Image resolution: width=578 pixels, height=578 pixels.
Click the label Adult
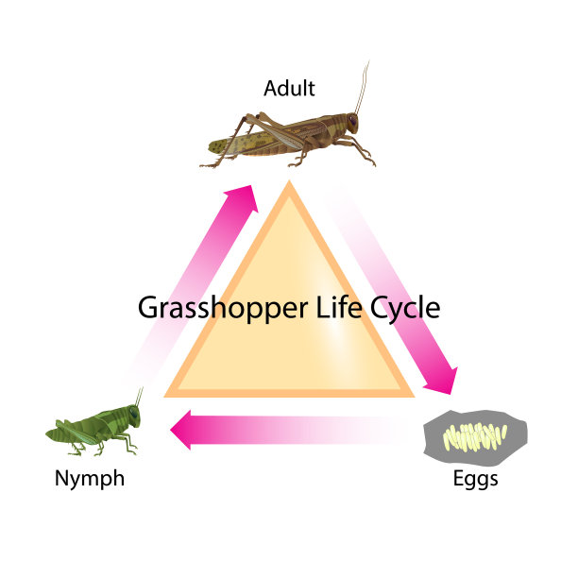point(289,89)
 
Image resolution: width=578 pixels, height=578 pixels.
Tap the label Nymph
point(90,479)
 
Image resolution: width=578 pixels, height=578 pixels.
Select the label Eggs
point(475,479)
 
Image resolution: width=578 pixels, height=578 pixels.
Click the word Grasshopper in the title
point(223,309)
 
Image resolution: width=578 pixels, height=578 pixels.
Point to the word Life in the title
point(339,307)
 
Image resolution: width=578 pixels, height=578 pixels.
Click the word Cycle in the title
point(405,309)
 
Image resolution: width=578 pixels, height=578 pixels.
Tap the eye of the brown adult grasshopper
point(353,119)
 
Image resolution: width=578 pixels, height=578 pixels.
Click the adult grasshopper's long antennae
point(362,88)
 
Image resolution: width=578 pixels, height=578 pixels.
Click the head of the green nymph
point(133,416)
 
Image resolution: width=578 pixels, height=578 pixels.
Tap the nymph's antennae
point(139,397)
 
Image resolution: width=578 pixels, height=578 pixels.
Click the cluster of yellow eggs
point(475,437)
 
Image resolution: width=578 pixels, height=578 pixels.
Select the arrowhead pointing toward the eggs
point(442,382)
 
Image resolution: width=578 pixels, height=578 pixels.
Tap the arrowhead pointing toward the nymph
point(180,430)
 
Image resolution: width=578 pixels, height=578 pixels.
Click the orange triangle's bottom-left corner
point(163,397)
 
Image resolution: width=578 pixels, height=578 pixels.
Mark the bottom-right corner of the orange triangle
point(415,397)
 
